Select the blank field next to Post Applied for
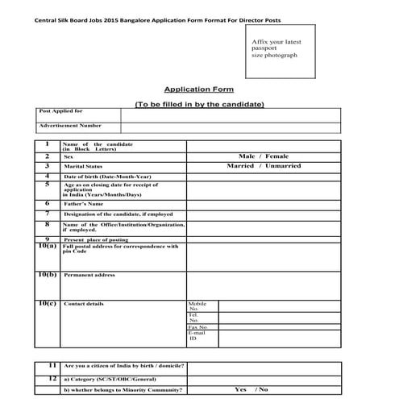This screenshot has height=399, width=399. click(230, 114)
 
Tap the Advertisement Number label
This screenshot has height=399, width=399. click(70, 126)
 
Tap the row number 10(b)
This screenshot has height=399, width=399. click(47, 274)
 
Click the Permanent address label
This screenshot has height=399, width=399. click(89, 275)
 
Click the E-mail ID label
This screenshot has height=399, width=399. click(196, 335)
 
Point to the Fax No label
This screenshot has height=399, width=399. click(197, 326)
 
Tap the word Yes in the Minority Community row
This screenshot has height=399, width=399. click(240, 389)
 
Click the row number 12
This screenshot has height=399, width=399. click(52, 377)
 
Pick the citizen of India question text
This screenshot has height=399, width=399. click(124, 366)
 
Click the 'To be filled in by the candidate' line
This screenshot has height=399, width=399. click(199, 105)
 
